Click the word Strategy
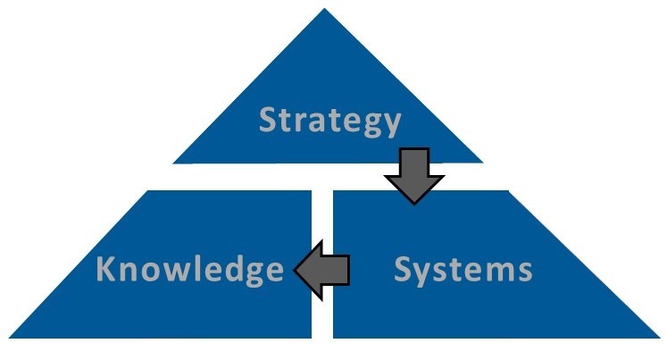[x=330, y=121]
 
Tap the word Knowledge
[x=189, y=270]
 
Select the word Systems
[x=463, y=270]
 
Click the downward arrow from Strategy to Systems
[x=414, y=176]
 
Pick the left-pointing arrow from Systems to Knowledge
[x=322, y=270]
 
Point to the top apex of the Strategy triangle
[x=324, y=9]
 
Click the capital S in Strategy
[x=268, y=119]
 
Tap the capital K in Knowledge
[x=106, y=268]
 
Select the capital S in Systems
[x=404, y=269]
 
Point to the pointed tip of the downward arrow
[x=414, y=205]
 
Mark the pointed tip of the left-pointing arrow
[x=295, y=270]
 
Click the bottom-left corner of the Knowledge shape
[x=9, y=338]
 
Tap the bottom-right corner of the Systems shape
[x=659, y=338]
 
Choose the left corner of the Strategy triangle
[x=173, y=163]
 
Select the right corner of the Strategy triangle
[x=482, y=162]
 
